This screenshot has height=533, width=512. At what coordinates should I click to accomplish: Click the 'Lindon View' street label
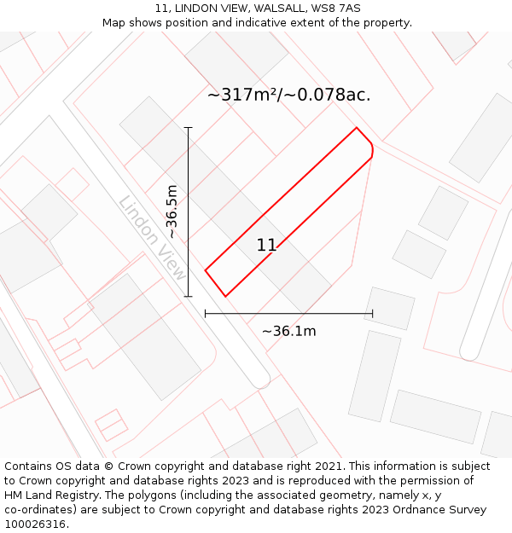152,240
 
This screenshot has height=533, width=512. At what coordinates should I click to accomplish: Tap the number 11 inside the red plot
266,246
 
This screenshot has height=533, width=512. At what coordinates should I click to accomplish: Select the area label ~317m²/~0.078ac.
288,95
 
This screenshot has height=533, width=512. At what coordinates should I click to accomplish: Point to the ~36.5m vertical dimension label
172,211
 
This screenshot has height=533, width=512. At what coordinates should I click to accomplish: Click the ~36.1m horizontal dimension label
288,331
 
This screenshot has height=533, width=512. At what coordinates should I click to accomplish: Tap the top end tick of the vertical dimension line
189,128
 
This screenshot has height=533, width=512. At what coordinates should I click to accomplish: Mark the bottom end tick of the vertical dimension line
189,297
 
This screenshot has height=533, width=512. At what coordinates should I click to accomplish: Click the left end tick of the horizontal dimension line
206,314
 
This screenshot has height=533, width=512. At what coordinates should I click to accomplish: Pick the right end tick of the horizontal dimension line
373,314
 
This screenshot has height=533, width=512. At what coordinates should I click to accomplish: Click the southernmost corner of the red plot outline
225,296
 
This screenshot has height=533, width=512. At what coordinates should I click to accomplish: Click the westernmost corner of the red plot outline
206,270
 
